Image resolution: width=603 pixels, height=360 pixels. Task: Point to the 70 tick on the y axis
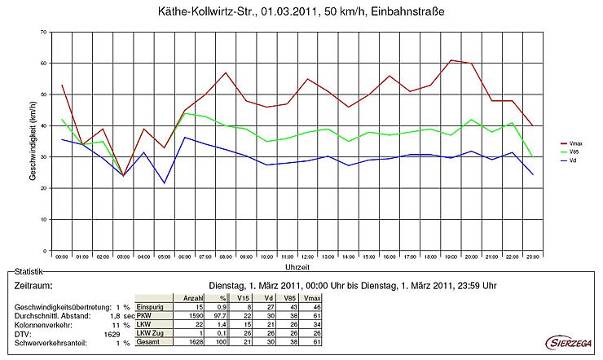tap(42, 32)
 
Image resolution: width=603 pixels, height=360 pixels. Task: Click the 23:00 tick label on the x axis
tap(534, 257)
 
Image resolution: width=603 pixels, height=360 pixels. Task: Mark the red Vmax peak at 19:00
tap(451, 60)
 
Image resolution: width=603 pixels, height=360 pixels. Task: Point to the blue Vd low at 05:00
tap(164, 182)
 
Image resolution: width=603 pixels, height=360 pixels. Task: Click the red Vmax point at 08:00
tap(225, 72)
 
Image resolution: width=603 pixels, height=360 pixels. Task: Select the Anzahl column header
tap(192, 297)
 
